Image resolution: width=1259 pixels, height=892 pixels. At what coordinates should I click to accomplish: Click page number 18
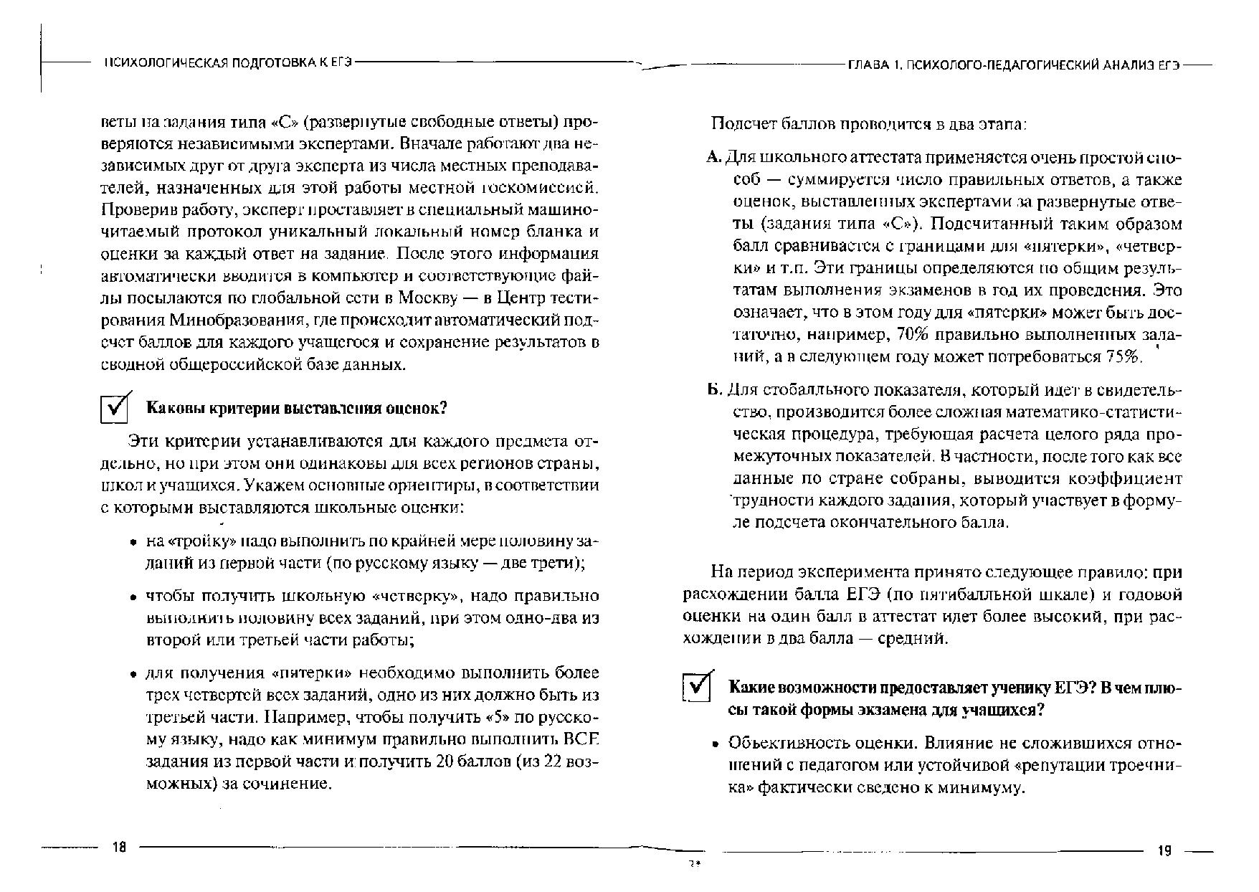click(119, 848)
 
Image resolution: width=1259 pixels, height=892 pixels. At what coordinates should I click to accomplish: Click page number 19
click(1164, 851)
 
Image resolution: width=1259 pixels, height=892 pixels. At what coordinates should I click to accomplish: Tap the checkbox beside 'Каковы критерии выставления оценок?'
click(115, 409)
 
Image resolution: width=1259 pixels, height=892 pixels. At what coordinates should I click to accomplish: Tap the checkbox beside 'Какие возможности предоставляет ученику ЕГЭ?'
click(696, 688)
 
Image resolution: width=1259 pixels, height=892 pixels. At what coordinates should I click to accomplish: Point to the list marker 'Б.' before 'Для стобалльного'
click(713, 391)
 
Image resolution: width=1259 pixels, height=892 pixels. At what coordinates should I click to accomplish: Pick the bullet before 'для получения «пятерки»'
click(134, 675)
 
